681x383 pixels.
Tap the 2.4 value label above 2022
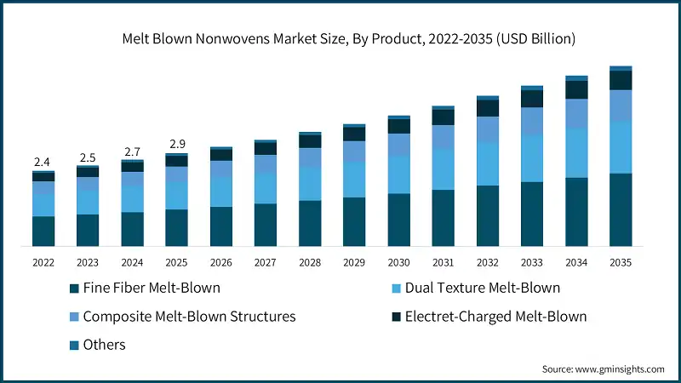(x=43, y=162)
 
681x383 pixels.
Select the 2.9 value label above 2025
(x=176, y=145)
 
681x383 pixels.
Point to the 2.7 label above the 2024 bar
(x=132, y=152)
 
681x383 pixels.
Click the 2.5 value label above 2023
(x=87, y=157)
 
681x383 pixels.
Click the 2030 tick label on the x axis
(x=398, y=263)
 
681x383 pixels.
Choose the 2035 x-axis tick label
(x=621, y=263)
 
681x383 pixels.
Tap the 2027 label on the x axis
(x=265, y=263)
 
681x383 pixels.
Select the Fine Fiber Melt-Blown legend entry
(x=145, y=288)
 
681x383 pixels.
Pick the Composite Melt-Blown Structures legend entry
(x=182, y=317)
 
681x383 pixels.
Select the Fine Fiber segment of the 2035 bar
(x=621, y=209)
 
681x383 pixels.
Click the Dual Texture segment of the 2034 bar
(x=576, y=153)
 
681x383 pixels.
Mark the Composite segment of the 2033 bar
(x=532, y=121)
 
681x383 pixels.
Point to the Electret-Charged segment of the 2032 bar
(x=488, y=108)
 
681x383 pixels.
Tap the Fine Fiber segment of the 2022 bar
(x=43, y=231)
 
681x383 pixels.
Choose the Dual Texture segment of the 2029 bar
(x=354, y=180)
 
